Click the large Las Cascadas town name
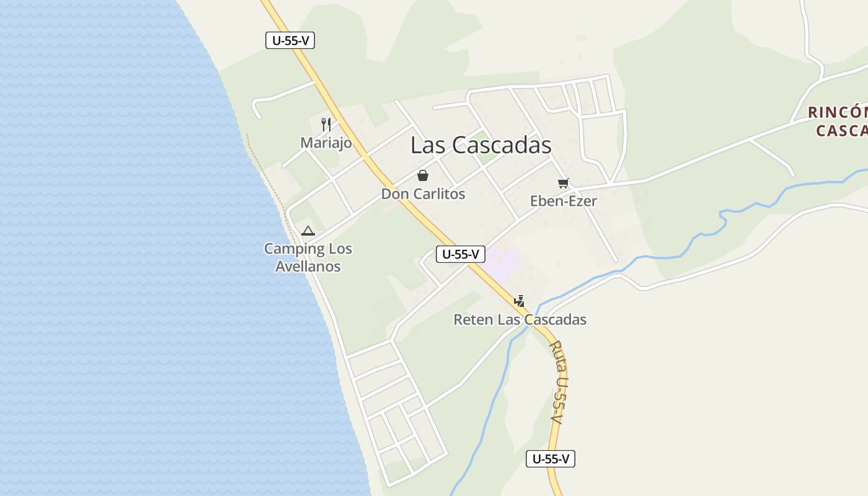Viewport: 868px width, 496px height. tap(480, 145)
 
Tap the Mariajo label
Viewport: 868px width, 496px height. tap(326, 143)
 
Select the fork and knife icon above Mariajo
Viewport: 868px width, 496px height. tap(326, 124)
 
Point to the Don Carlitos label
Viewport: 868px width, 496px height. tap(423, 194)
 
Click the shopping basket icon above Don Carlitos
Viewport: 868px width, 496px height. tap(423, 175)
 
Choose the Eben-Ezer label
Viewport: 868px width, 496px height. tap(563, 201)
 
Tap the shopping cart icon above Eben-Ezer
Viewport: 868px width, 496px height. tap(563, 183)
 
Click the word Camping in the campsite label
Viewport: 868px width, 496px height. tap(290, 249)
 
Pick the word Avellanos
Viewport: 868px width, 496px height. tap(308, 267)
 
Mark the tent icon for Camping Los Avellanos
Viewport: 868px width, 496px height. tap(308, 231)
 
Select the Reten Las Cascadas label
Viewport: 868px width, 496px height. tap(520, 320)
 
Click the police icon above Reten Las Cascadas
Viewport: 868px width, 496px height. tap(520, 301)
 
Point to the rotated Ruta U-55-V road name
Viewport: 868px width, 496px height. tap(558, 382)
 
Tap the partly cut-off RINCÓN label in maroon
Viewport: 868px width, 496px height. tap(838, 113)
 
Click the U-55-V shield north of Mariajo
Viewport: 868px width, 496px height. tap(290, 41)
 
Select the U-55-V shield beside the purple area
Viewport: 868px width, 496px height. tap(460, 254)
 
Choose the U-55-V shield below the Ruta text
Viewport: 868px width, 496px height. tap(551, 459)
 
